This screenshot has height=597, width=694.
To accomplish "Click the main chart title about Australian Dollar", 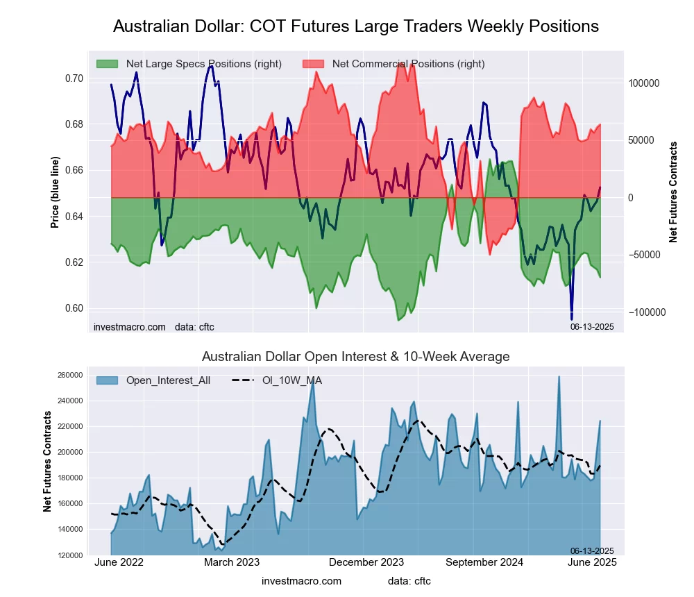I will point(355,27).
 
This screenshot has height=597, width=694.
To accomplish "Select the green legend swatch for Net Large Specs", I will point(108,64).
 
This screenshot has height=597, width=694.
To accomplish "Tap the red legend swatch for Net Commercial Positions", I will point(314,64).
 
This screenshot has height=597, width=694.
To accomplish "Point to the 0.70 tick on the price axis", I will point(74,78).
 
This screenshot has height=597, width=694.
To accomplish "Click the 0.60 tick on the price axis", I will point(74,308).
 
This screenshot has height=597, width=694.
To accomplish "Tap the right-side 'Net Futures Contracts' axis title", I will point(673,192).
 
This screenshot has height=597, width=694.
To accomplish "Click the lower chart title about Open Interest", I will point(355,357).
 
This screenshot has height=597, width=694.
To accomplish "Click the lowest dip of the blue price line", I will point(572,319).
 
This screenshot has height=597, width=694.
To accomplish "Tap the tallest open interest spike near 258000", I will point(559,377).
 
